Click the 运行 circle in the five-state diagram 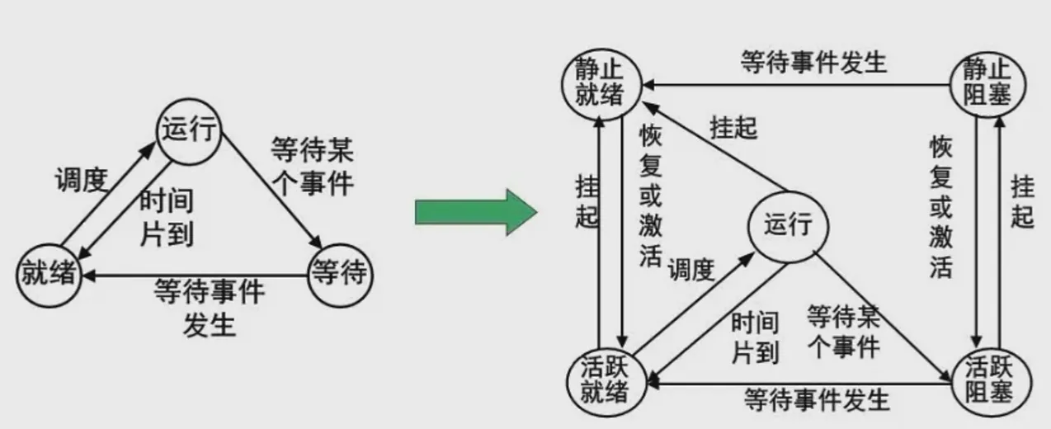(788, 224)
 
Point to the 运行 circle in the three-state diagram (188, 131)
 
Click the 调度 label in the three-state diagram (82, 181)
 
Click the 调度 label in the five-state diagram (691, 269)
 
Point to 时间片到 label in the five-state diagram (756, 338)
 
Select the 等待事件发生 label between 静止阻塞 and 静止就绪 (813, 63)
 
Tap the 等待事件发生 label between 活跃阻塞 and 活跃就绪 (817, 399)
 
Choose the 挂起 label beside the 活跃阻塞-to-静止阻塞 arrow (1022, 201)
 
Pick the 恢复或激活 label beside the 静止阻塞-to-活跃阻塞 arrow (941, 207)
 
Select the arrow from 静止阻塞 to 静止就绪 (800, 83)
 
